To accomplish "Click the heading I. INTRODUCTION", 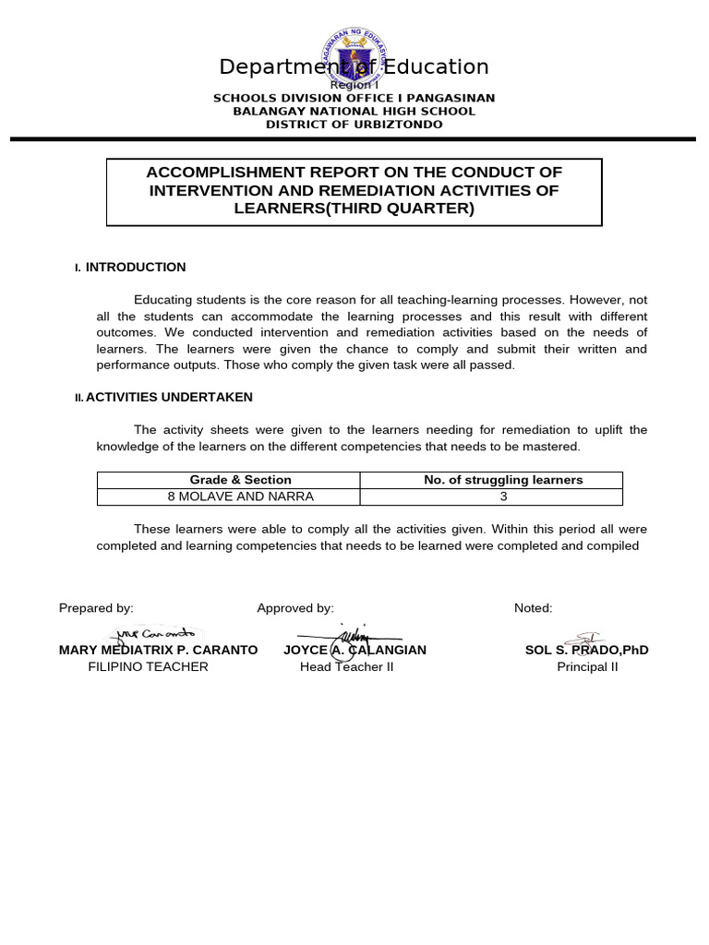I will [x=135, y=268].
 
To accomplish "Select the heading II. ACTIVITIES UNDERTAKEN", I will [x=168, y=398].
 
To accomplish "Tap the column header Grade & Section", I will [x=240, y=480].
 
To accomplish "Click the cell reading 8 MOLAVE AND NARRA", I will [x=240, y=496].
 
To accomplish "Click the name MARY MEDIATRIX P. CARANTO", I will [x=158, y=650].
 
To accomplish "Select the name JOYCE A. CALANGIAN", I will [x=354, y=650].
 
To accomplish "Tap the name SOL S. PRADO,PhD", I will [x=586, y=650].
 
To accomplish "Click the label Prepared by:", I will [x=96, y=608].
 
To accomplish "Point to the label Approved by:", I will [x=295, y=608].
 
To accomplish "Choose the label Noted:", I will [x=534, y=608].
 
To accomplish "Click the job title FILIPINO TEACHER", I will [x=148, y=667].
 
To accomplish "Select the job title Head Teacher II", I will [x=346, y=667].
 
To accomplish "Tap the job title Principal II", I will [x=587, y=667].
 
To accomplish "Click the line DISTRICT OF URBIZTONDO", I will [x=354, y=125].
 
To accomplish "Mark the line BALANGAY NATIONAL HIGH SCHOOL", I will [x=354, y=112].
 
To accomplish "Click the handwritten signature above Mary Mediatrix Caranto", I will [x=154, y=634].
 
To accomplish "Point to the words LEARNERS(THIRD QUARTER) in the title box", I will [x=354, y=209].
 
